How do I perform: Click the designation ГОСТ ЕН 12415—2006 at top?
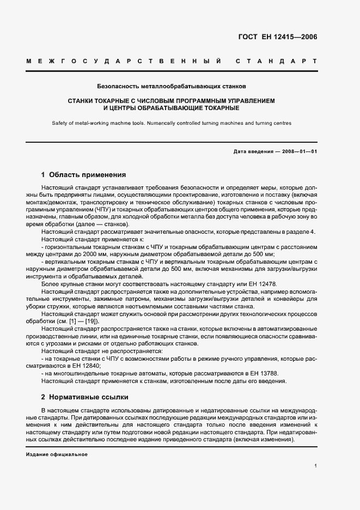pyautogui.click(x=278, y=37)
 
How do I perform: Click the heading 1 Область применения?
pyautogui.click(x=83, y=175)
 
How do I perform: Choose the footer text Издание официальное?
pyautogui.click(x=56, y=454)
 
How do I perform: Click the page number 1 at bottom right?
pyautogui.click(x=316, y=465)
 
